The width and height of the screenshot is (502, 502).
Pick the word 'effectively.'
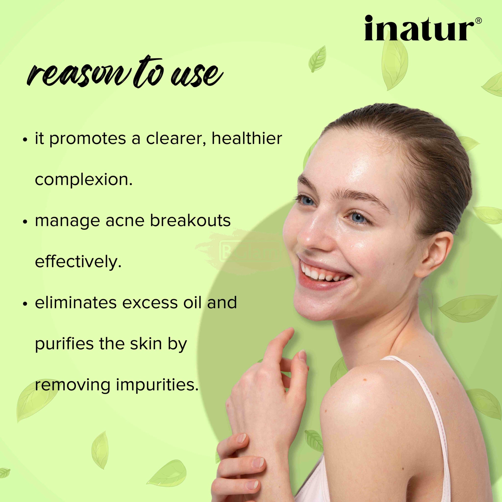(78, 261)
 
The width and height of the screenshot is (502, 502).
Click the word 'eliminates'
(75, 302)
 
